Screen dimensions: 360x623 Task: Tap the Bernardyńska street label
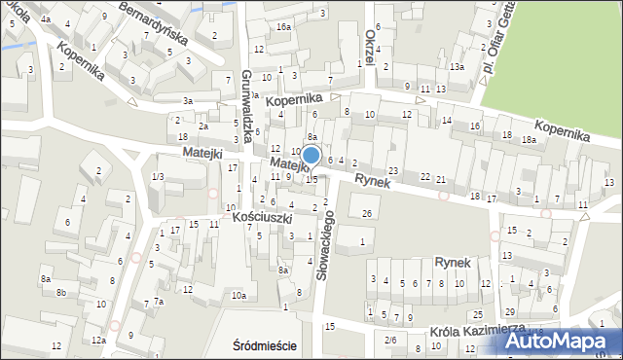153,20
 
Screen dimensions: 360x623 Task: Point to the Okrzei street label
371,46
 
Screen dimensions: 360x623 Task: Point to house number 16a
282,27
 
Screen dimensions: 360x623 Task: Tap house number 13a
456,66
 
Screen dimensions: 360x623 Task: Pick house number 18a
529,140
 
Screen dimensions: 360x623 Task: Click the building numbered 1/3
158,176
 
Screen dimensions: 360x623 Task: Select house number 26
366,213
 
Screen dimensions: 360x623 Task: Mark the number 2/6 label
390,339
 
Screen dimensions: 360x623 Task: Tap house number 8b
61,292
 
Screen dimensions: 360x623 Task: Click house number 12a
98,340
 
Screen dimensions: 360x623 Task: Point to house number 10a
238,295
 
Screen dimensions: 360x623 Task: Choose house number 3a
188,100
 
